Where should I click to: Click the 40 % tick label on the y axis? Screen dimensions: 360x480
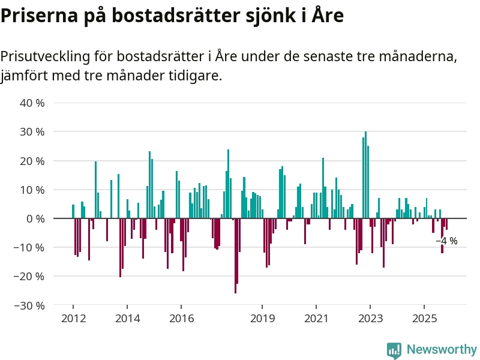point(32,103)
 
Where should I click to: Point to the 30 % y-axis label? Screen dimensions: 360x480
point(32,131)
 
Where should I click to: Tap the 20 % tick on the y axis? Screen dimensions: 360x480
point(32,161)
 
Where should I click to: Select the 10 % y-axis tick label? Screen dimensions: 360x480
point(32,190)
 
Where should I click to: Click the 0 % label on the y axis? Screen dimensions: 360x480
point(35,218)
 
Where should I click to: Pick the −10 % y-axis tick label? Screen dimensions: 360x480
point(29,247)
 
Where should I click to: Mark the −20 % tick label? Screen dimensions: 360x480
point(29,277)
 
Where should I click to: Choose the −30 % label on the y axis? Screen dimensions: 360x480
point(29,305)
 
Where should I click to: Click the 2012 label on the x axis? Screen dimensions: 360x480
point(73,318)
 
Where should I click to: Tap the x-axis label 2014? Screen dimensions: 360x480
point(127,318)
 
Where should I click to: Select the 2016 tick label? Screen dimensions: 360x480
point(181,318)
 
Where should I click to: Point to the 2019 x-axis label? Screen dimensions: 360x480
point(262,318)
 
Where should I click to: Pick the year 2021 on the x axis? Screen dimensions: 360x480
point(316,318)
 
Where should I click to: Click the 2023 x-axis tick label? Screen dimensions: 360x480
point(370,318)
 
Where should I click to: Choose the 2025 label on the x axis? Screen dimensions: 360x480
point(424,318)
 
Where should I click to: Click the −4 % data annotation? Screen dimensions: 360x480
point(446,241)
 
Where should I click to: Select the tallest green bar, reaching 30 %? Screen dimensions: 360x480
point(365,174)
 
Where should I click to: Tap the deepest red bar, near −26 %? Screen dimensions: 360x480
point(235,256)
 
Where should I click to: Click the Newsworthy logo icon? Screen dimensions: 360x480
point(394,350)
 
